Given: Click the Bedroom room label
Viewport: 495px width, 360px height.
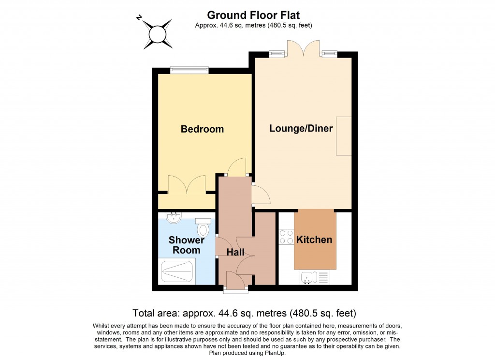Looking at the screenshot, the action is point(202,129).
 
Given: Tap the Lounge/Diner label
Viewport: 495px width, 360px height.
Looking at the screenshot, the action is point(301,128).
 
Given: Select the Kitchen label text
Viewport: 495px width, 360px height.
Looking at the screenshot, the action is point(314,240).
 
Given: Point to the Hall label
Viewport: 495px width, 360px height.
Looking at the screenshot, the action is point(235,252).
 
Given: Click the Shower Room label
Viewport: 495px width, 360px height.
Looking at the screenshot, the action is point(186,245).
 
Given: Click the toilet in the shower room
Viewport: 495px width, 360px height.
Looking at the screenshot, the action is point(203,227).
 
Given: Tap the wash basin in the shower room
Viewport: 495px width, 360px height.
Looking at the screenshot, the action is point(174,217).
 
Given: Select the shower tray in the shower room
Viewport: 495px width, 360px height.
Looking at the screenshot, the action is point(177,271).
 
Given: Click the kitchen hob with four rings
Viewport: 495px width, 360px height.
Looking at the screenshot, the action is point(286,237).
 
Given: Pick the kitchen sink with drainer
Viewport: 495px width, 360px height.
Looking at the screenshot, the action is point(314,277).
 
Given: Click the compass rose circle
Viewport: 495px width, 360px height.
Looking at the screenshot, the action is point(158,34).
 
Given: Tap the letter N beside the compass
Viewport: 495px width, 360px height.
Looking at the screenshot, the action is point(139,18).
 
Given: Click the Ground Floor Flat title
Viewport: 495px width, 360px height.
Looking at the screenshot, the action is point(253,15).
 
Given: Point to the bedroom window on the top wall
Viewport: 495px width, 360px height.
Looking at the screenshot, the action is point(189,70).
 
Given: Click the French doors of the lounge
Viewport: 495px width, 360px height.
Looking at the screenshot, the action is point(303,49).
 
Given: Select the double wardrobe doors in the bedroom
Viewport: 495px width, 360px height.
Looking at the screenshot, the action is point(187,185).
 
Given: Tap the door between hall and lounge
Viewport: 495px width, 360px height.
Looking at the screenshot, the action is point(261,194).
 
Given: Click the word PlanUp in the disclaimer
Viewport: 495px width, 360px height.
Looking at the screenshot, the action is point(275,353).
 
